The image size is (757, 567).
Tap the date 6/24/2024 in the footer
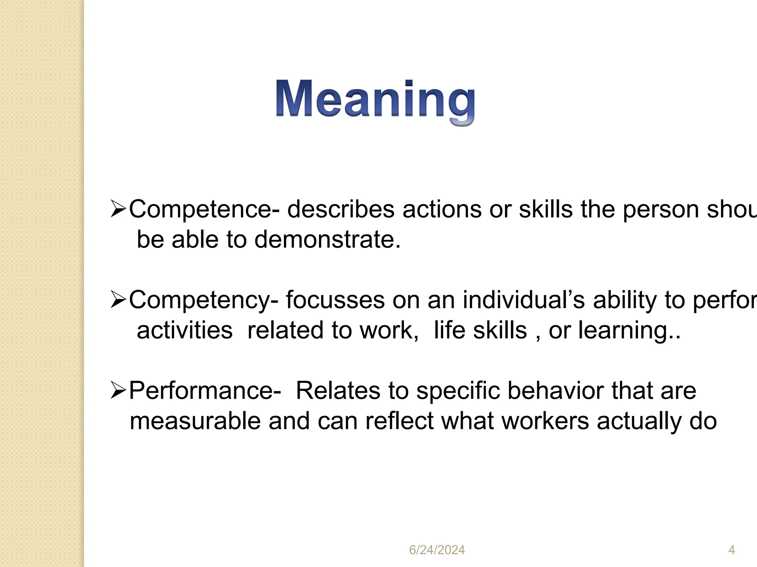click(x=437, y=550)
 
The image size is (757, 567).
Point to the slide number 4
click(x=731, y=550)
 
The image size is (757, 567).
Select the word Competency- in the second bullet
click(x=203, y=300)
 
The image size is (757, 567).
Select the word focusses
click(x=335, y=300)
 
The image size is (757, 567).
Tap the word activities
click(x=184, y=330)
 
